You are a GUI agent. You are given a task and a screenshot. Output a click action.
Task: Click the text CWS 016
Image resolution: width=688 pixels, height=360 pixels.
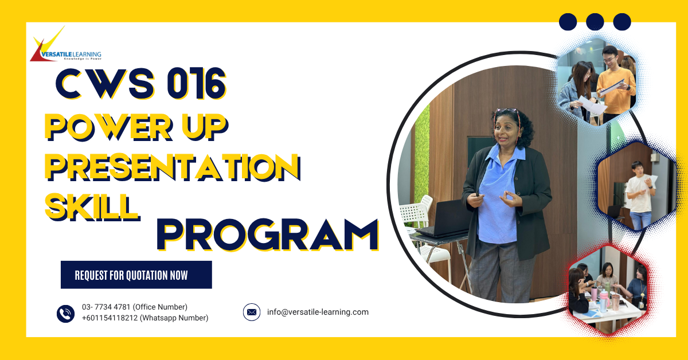(140, 84)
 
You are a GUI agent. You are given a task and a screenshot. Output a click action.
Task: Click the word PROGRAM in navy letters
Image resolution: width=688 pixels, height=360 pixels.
(268, 235)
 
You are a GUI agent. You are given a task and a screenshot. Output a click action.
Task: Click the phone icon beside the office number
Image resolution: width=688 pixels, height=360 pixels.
(66, 313)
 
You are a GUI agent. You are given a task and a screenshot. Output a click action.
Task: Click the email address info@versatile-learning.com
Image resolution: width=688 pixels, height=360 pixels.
(318, 312)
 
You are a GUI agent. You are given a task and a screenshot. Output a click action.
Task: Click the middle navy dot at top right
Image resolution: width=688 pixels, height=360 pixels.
(595, 22)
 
